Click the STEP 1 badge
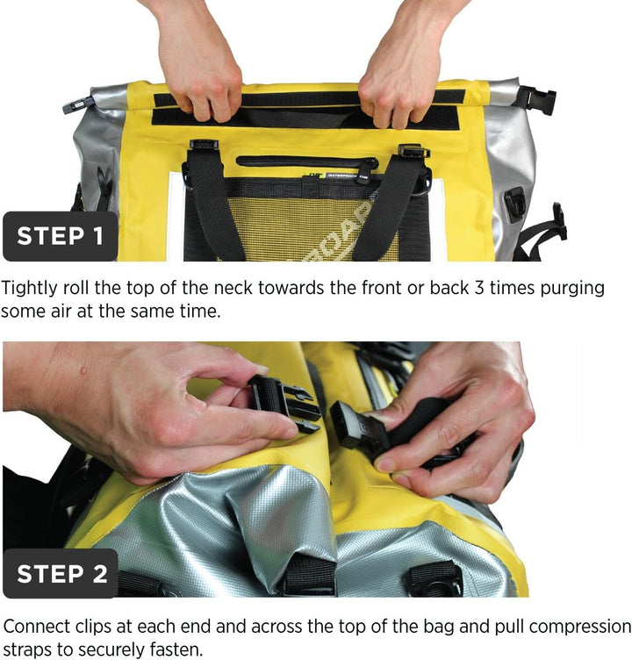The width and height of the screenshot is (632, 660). tap(61, 236)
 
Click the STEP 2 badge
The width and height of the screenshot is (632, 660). tap(61, 573)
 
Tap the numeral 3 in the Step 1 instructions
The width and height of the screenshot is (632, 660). tap(479, 289)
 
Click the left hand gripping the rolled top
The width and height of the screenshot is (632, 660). tap(196, 63)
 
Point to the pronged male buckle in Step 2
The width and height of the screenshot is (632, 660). tap(284, 403)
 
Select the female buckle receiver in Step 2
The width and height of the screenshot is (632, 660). tap(353, 424)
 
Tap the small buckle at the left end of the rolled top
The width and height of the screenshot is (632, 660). tap(77, 104)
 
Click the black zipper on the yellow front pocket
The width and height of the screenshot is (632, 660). tap(307, 161)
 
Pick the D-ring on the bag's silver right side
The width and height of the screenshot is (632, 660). tap(515, 204)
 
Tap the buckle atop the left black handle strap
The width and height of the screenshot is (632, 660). tap(204, 145)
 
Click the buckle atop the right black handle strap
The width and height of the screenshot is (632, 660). tap(413, 150)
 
